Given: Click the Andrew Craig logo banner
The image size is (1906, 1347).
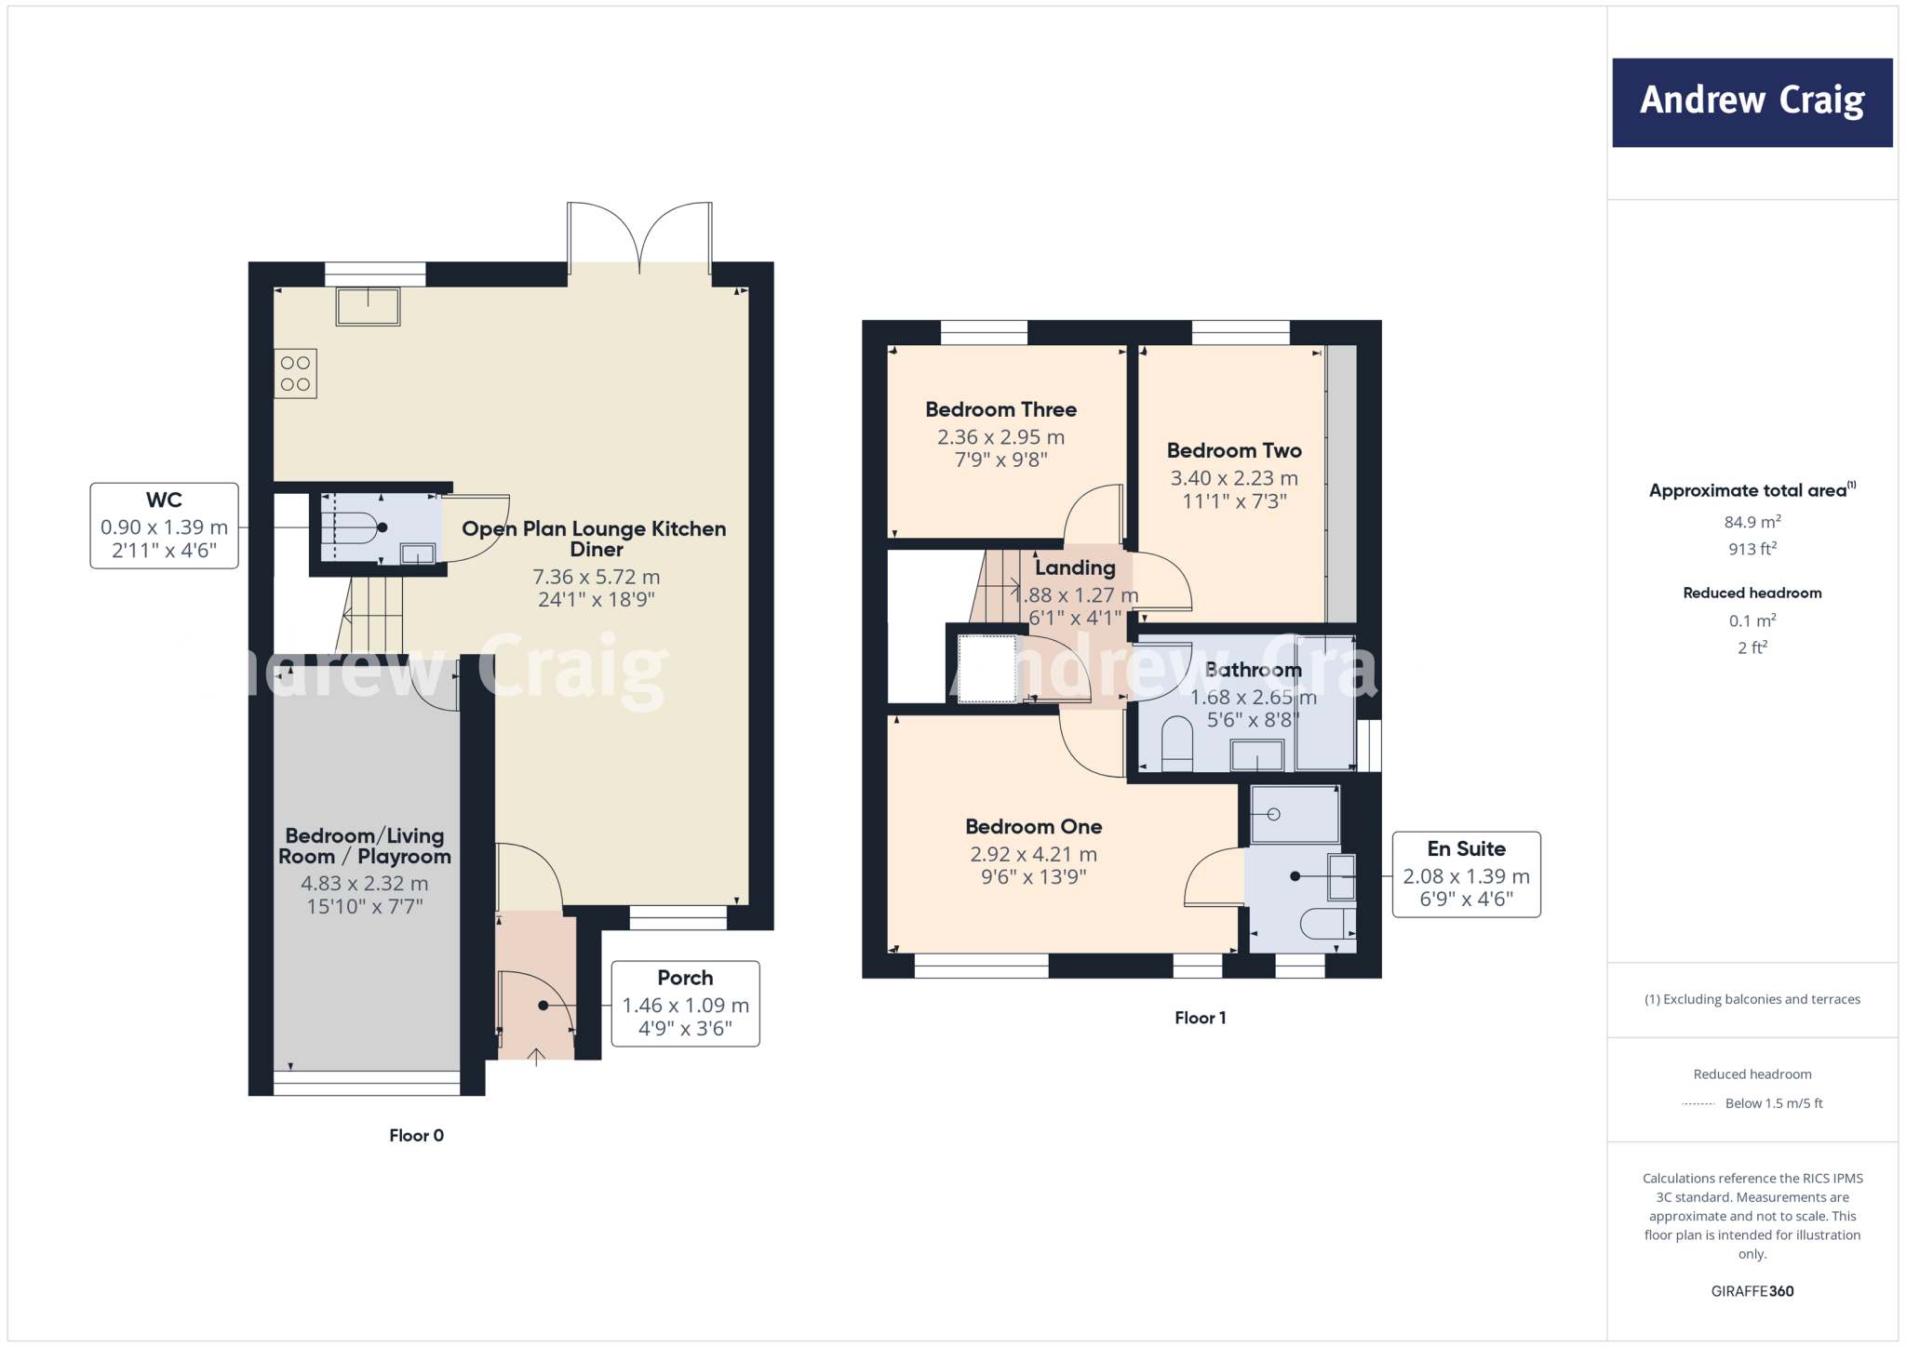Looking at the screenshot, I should click(x=1752, y=102).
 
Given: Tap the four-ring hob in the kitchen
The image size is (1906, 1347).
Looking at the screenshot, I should click(x=295, y=373).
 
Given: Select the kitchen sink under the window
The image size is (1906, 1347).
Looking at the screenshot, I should click(x=368, y=306).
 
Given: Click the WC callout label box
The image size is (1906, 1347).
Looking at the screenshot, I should click(x=164, y=526).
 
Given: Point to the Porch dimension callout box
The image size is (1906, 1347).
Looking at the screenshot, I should click(x=685, y=1004).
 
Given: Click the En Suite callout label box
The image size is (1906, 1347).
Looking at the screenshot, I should click(x=1466, y=874).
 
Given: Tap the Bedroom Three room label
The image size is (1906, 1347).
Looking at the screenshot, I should click(x=1000, y=409).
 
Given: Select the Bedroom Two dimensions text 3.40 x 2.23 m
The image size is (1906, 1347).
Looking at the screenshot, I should click(x=1233, y=478).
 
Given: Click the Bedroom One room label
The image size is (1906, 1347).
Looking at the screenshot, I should click(x=1033, y=826).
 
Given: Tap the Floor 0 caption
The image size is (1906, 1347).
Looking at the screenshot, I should click(x=416, y=1135).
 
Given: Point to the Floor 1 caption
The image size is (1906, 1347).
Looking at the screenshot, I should click(x=1200, y=1018).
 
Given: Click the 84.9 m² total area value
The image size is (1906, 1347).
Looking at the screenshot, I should click(x=1752, y=522).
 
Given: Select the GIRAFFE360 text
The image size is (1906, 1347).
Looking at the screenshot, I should click(x=1752, y=1291).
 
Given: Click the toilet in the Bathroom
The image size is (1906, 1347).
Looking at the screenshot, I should click(x=1177, y=741).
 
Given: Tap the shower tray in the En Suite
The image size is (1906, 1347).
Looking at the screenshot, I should click(x=1294, y=815).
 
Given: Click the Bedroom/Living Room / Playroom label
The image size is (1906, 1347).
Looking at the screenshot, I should click(x=364, y=846).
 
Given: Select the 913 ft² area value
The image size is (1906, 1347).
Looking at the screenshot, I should click(x=1752, y=549).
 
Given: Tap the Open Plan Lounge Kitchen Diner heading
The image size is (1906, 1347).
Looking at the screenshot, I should click(x=594, y=538).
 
